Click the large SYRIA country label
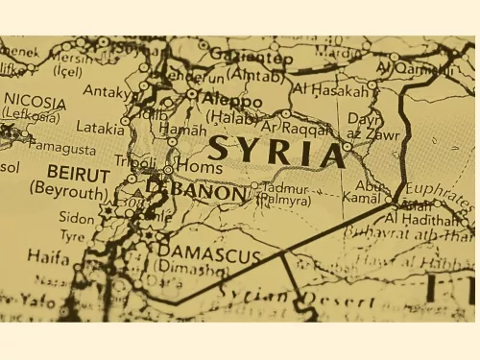276,152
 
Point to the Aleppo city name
230,101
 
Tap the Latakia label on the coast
101,127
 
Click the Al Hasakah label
329,89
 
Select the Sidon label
77,218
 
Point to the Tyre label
72,235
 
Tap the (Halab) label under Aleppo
231,116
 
